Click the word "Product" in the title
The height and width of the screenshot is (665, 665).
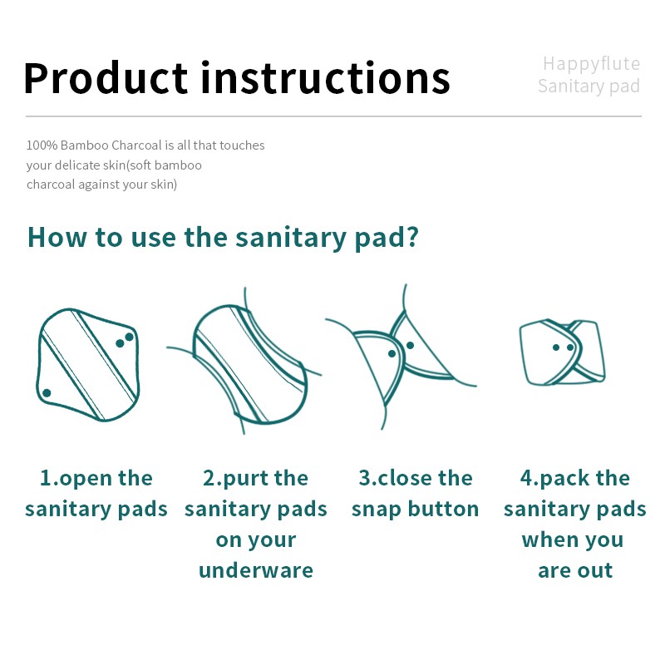pyautogui.click(x=106, y=77)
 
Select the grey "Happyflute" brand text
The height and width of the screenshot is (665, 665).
pyautogui.click(x=591, y=63)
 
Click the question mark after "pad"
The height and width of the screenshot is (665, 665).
pyautogui.click(x=410, y=237)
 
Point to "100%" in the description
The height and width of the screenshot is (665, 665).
pyautogui.click(x=42, y=145)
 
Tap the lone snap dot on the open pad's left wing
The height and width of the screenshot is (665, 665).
pyautogui.click(x=47, y=392)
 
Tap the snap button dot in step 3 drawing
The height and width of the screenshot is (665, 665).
pyautogui.click(x=392, y=353)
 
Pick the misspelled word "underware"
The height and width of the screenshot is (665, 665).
pyautogui.click(x=256, y=570)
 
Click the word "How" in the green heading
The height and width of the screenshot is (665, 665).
pyautogui.click(x=57, y=237)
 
